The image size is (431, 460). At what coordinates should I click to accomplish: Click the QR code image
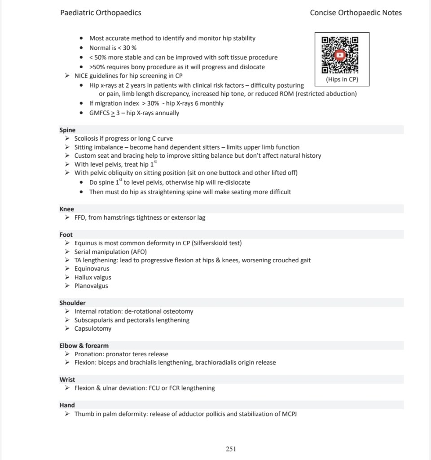(x=340, y=54)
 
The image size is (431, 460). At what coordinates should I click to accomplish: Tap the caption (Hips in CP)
(x=342, y=80)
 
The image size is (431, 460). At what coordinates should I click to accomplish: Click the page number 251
(x=231, y=449)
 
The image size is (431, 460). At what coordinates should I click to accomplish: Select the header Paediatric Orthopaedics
(x=101, y=13)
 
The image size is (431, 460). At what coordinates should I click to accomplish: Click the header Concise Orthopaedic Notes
(x=356, y=13)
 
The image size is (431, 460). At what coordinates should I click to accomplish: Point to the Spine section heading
(x=67, y=130)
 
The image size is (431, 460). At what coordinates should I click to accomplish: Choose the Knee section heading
(x=67, y=209)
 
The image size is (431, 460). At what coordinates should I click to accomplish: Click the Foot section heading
(x=66, y=234)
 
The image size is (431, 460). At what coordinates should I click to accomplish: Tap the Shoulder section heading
(x=72, y=303)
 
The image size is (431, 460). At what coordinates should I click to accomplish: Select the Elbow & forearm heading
(x=84, y=345)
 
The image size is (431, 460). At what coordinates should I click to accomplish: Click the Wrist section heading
(x=67, y=380)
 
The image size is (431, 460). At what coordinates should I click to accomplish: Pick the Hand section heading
(x=67, y=405)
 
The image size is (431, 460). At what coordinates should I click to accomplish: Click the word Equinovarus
(x=92, y=269)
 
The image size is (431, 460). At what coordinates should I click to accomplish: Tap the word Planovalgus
(x=91, y=286)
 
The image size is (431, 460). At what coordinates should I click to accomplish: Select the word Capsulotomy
(x=93, y=328)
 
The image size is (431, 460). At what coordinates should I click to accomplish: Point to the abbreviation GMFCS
(x=99, y=113)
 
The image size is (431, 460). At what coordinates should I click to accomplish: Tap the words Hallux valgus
(x=92, y=277)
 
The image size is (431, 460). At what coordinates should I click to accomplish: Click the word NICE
(x=81, y=75)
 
